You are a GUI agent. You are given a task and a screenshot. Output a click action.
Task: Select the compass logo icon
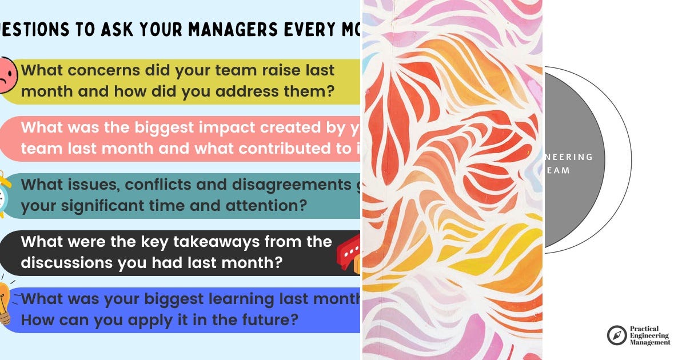coord(617,335)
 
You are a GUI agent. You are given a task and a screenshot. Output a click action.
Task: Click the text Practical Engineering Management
coord(650,335)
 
